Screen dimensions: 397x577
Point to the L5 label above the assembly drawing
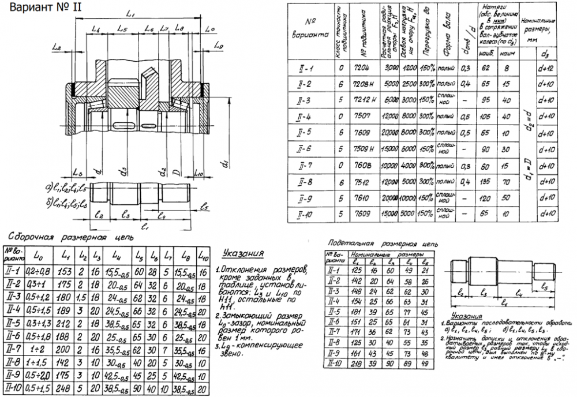point(122,28)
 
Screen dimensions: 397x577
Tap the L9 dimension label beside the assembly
point(218,45)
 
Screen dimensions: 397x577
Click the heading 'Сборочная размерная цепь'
point(69,237)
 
